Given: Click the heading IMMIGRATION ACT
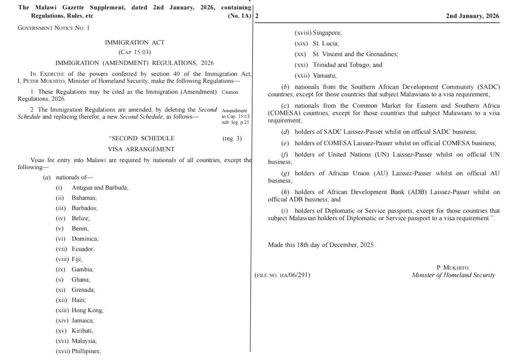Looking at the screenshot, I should click(135, 43).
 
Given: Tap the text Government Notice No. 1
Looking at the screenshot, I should click(53, 28).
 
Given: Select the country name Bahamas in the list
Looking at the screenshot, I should click(84, 198).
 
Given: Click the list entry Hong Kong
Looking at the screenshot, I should click(87, 310).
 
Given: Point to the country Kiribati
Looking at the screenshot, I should click(83, 330).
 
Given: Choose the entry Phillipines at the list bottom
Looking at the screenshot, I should click(86, 351).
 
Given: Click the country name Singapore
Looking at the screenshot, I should click(327, 33).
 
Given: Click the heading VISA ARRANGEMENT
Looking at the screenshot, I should click(141, 149).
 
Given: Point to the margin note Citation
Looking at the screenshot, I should click(230, 92).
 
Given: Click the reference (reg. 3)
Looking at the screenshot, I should click(231, 138).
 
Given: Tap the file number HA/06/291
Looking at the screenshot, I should click(282, 275).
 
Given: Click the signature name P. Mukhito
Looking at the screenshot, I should click(453, 268).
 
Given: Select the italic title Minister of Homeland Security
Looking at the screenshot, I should click(453, 275).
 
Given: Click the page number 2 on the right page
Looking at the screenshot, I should click(256, 16).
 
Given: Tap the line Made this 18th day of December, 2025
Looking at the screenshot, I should click(321, 245).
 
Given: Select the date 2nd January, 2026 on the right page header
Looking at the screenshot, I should click(472, 16).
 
